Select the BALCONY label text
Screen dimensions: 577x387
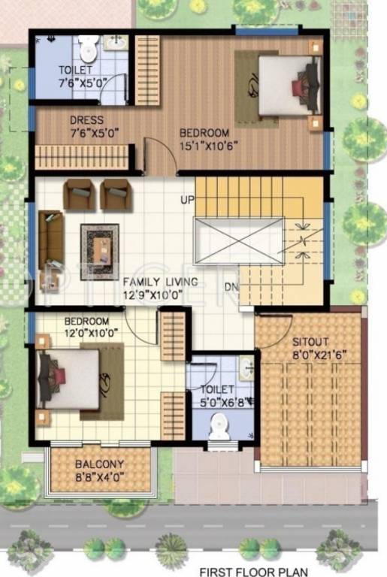(99, 465)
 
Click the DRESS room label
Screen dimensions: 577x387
(86, 120)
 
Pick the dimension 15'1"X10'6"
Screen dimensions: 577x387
(204, 147)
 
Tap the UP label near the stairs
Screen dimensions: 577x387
(186, 200)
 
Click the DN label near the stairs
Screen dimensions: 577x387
(231, 285)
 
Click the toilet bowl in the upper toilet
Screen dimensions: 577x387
(89, 50)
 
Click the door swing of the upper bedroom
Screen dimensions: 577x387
(156, 156)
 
